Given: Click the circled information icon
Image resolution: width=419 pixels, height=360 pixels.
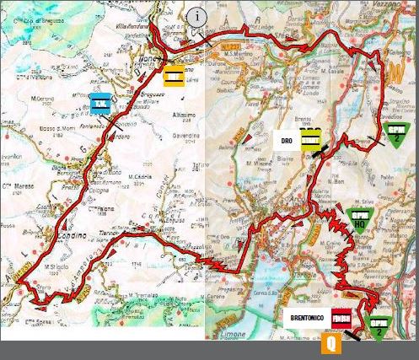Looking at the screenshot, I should coord(196,16).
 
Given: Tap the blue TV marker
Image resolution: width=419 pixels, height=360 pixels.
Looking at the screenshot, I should coord(100,104).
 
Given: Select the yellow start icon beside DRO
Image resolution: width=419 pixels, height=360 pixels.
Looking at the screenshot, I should coord(312,137).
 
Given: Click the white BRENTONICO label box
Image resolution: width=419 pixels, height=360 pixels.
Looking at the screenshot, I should coord(304,319).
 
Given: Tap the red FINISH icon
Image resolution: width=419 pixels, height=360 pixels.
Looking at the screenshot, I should coord(341,319).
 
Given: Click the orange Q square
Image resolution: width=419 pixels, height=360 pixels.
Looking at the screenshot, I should coord(330,343).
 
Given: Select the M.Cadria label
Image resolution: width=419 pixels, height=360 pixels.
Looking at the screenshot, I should coord(140,177).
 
